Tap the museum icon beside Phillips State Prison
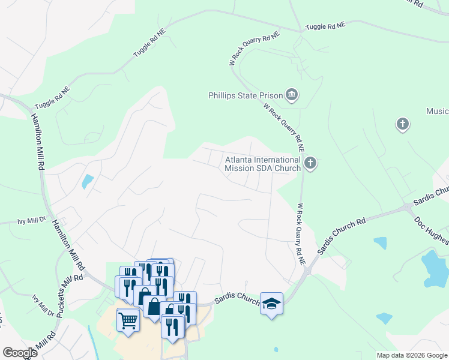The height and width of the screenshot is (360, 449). [292, 95]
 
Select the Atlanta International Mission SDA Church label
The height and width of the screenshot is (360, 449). [262, 164]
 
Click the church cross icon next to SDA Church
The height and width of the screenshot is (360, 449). [310, 162]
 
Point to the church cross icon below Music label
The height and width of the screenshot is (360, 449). [402, 124]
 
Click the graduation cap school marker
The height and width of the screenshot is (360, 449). [271, 304]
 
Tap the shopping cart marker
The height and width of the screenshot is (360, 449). [128, 319]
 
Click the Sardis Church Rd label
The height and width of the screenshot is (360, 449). [342, 234]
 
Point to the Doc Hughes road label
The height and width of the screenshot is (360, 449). [431, 230]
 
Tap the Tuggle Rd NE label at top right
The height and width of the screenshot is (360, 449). [325, 26]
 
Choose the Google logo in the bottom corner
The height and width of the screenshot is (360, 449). [20, 352]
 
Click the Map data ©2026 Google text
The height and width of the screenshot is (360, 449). [411, 355]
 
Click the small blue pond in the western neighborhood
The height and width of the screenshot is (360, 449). [88, 181]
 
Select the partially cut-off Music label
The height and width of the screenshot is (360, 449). [438, 112]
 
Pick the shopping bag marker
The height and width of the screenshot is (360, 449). [154, 307]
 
